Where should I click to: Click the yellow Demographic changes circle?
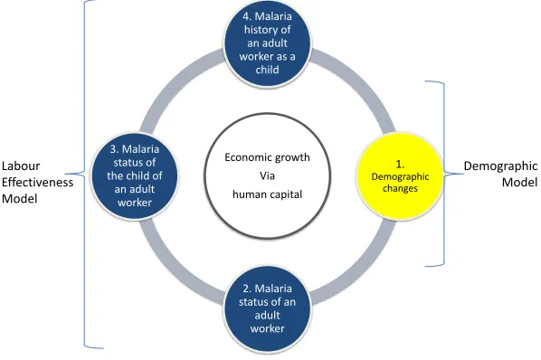pyautogui.click(x=400, y=175)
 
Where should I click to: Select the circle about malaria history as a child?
pyautogui.click(x=268, y=43)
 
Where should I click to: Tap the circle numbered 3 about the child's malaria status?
pyautogui.click(x=135, y=175)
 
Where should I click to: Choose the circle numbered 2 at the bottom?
pyautogui.click(x=268, y=308)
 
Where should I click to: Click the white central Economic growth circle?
pyautogui.click(x=268, y=175)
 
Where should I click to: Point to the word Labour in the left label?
pyautogui.click(x=21, y=166)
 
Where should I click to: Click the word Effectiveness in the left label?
pyautogui.click(x=38, y=182)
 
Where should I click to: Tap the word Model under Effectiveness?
pyautogui.click(x=20, y=199)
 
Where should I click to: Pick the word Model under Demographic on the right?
pyautogui.click(x=519, y=182)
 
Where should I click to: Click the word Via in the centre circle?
pyautogui.click(x=268, y=175)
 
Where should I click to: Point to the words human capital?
pyautogui.click(x=268, y=194)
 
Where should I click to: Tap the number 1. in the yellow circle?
pyautogui.click(x=400, y=165)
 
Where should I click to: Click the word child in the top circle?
pyautogui.click(x=268, y=70)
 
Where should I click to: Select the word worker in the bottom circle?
pyautogui.click(x=268, y=328)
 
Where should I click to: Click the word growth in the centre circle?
pyautogui.click(x=294, y=158)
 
